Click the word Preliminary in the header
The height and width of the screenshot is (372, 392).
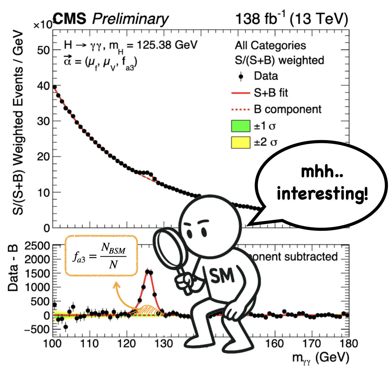coord(130,19)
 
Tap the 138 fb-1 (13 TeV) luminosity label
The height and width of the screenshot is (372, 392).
coord(291,19)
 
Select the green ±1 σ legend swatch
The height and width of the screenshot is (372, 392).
coord(240,126)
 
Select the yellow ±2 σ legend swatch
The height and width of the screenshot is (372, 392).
coord(240,142)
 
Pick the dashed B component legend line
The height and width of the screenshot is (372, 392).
coord(240,110)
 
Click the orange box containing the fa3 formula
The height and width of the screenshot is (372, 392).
coord(101,256)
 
